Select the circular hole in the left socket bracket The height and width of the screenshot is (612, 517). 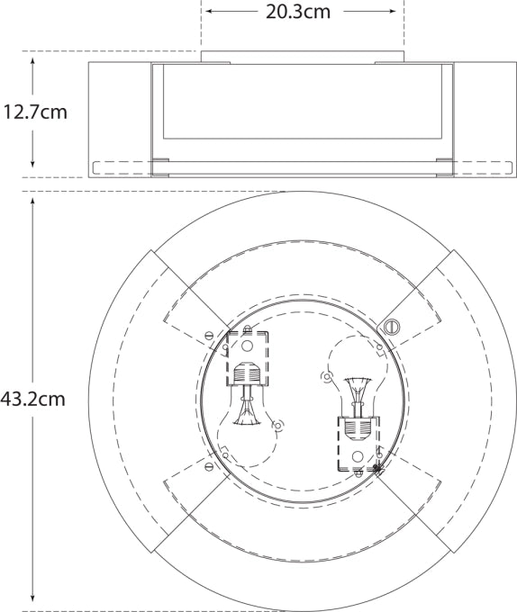coord(248,346)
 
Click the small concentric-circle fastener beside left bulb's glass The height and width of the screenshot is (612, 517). coord(278,425)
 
